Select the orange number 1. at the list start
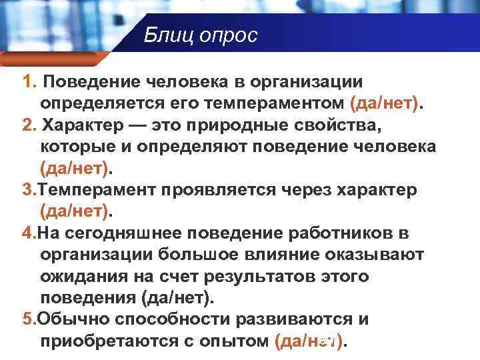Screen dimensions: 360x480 tap(29, 82)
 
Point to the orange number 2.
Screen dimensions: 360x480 tap(29, 125)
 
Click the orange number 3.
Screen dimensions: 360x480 tap(29, 189)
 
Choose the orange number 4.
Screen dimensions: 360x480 tap(29, 233)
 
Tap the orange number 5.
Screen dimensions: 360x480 tap(29, 319)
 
